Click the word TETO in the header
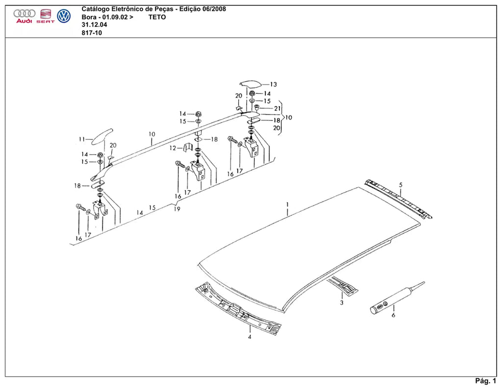(x=157, y=17)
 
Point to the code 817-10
(x=92, y=33)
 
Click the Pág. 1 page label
(x=486, y=381)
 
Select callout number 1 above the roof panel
(x=287, y=204)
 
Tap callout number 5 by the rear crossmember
(x=401, y=185)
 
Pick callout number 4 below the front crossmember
(x=250, y=337)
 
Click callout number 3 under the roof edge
(x=342, y=302)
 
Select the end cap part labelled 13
(x=251, y=84)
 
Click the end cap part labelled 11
(x=102, y=136)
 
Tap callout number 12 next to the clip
(x=173, y=148)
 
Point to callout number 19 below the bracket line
(x=177, y=209)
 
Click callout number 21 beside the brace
(x=277, y=109)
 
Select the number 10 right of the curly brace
(x=288, y=117)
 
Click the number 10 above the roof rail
(x=152, y=134)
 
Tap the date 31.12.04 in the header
(x=95, y=25)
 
